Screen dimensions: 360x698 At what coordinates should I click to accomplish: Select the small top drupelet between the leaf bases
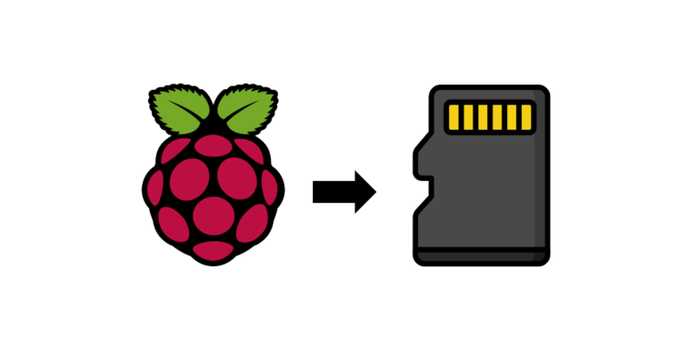(x=213, y=131)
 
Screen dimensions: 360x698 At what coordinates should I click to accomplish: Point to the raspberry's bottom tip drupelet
(x=214, y=248)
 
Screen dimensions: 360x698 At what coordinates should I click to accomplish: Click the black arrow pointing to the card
(x=364, y=190)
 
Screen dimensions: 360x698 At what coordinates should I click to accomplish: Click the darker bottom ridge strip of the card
(x=482, y=257)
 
